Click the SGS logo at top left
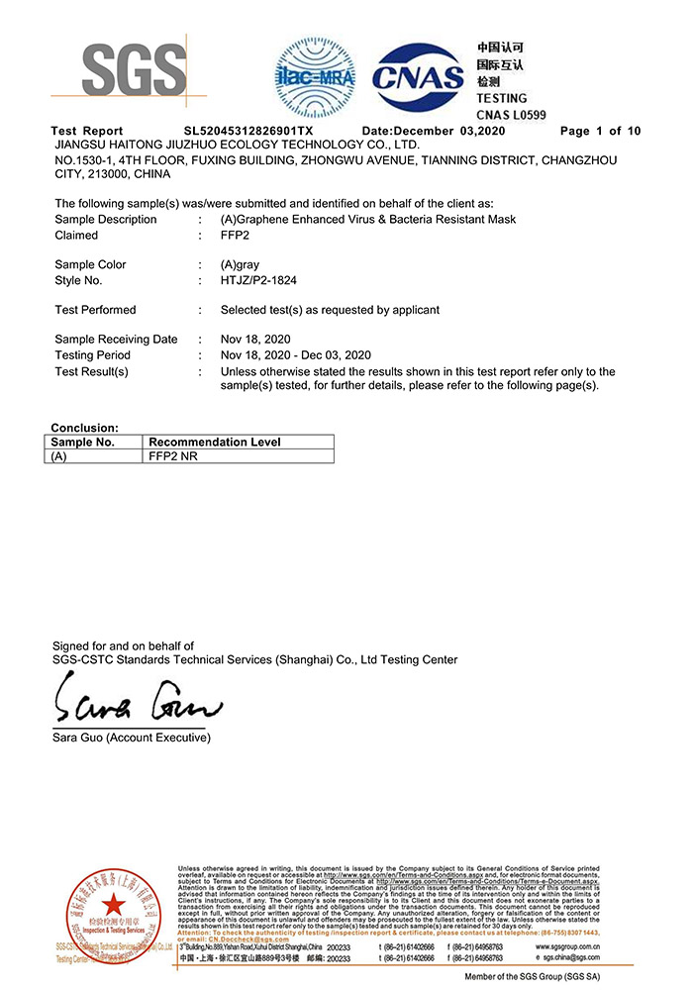click(133, 71)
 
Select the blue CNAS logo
click(419, 76)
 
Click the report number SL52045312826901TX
click(248, 131)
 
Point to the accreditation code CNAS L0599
click(511, 115)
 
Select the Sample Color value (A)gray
click(243, 264)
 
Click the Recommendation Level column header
click(215, 442)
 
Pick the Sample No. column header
click(83, 442)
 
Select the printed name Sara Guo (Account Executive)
click(132, 739)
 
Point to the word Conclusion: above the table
click(85, 428)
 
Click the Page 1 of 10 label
click(600, 131)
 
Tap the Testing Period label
click(92, 355)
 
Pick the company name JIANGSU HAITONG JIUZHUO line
click(237, 145)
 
